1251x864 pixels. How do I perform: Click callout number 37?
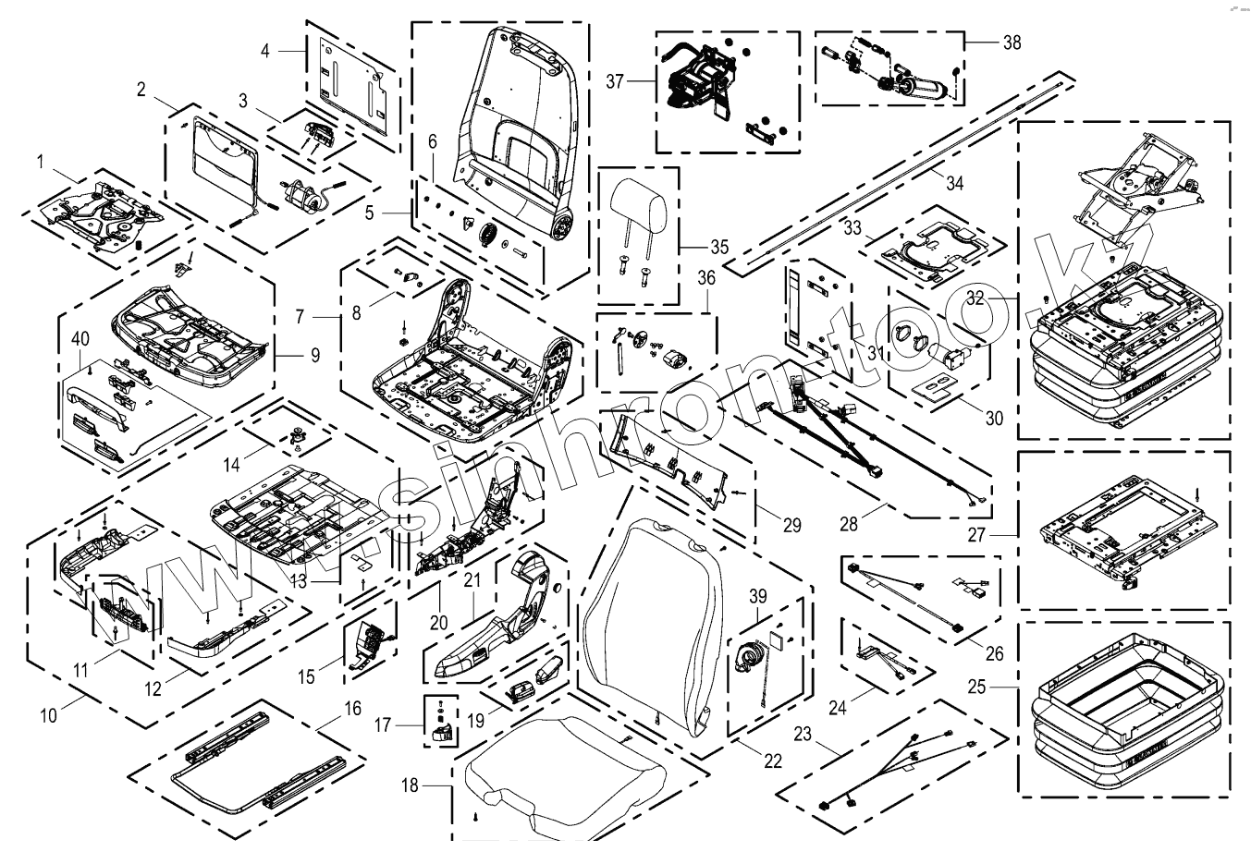coord(616,81)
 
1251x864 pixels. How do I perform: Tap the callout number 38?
coord(1012,42)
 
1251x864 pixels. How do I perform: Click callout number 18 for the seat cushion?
coord(410,785)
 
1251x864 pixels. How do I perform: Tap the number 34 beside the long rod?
coord(955,184)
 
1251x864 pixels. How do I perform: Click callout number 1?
coord(41,162)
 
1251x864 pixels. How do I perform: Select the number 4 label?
coord(265,50)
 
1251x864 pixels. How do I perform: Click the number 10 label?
coord(49,714)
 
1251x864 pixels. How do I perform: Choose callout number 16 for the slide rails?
coord(351,709)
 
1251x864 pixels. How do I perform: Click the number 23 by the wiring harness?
coord(803,736)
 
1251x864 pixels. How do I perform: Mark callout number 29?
coord(791,526)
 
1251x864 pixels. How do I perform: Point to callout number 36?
coord(706,277)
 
